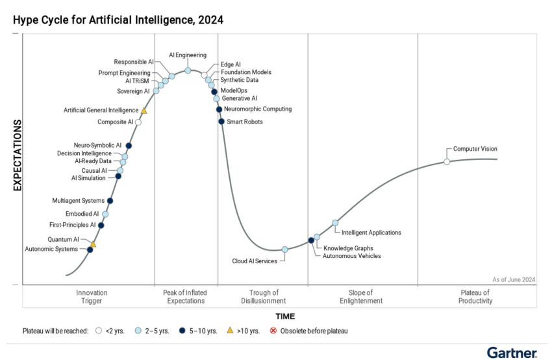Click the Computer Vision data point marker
[447, 162]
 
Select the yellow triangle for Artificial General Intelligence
[144, 110]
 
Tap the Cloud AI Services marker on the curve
[284, 250]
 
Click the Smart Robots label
[245, 122]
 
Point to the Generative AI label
[239, 98]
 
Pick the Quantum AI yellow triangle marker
[93, 244]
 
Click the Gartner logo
[512, 352]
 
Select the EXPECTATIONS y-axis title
[18, 156]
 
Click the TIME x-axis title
[284, 316]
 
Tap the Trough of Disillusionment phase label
[263, 297]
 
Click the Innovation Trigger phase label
[92, 297]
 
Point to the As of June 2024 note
[513, 279]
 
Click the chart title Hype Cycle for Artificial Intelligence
[118, 20]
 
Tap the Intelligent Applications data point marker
[335, 223]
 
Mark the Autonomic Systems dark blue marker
[90, 250]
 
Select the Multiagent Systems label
[78, 201]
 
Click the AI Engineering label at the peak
[188, 55]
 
